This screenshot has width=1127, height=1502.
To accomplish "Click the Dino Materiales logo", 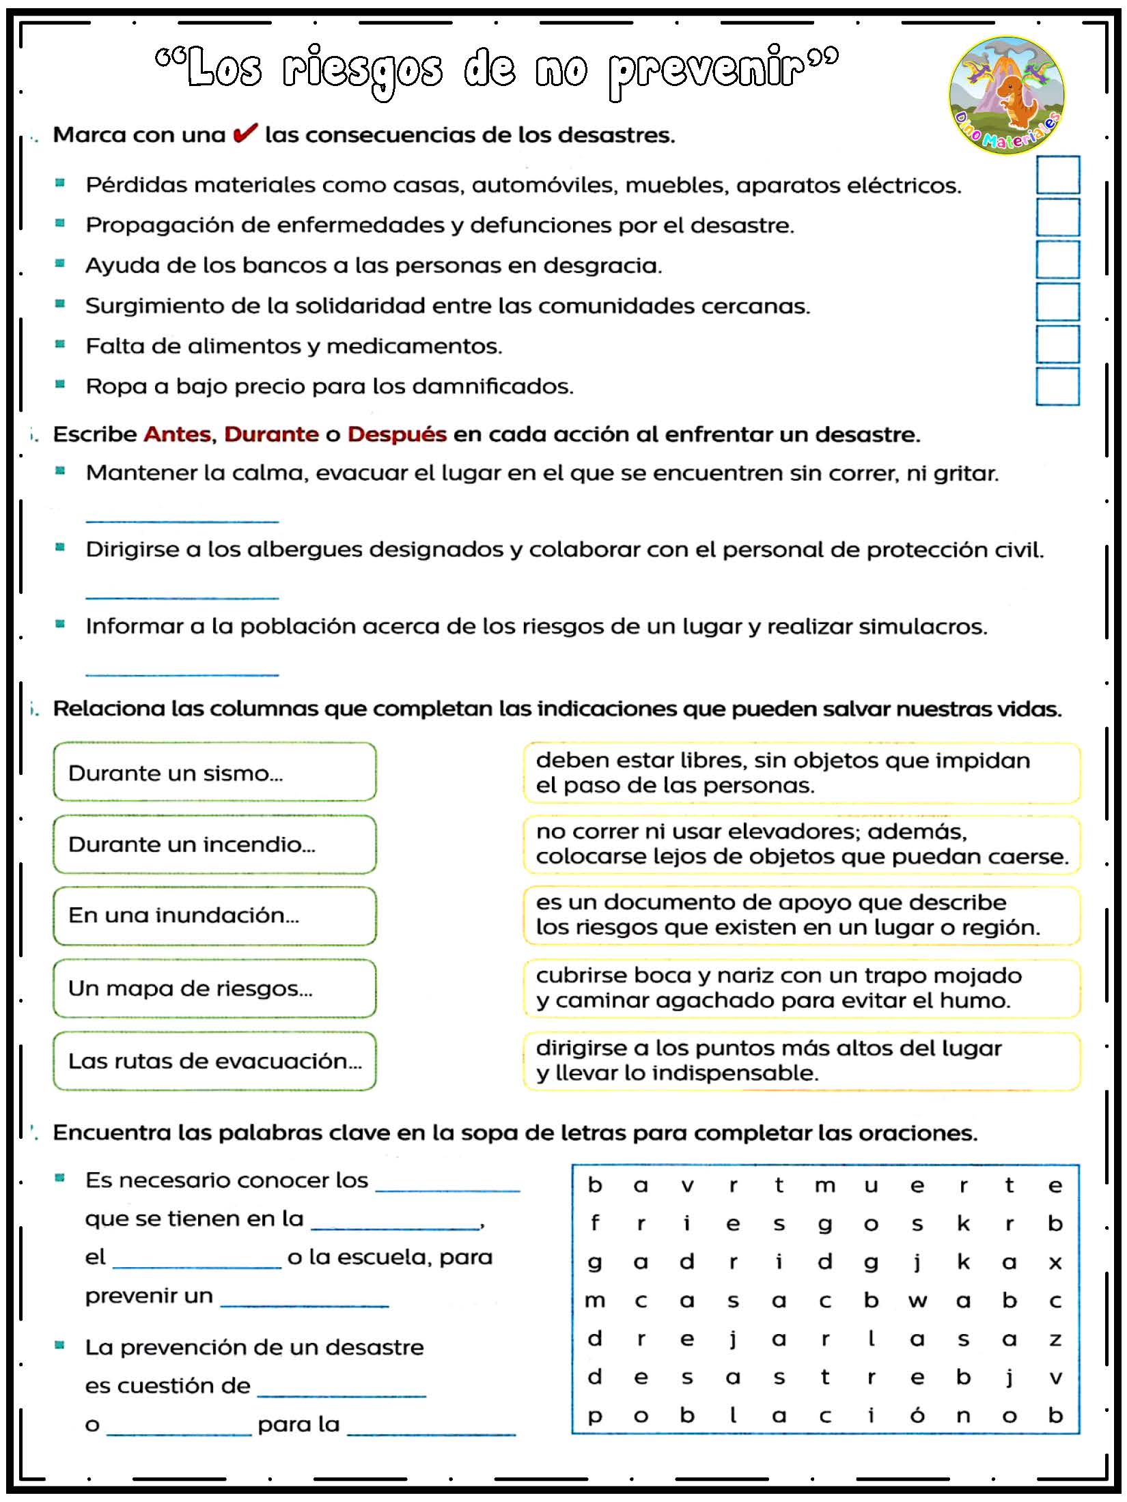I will (1006, 95).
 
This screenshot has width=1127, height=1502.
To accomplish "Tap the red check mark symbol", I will (245, 133).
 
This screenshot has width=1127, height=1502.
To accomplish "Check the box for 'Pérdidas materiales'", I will (1057, 175).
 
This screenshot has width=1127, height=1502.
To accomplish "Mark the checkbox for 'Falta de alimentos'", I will (1057, 344).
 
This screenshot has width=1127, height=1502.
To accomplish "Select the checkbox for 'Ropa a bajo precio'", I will (1057, 386).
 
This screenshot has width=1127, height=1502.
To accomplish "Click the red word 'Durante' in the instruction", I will (271, 434).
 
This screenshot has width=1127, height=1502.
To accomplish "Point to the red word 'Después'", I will (397, 434).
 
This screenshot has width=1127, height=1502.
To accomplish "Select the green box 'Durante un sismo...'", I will (214, 771).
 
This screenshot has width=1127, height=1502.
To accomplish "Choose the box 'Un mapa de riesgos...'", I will (214, 988).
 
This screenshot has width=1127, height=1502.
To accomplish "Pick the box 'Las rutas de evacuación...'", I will (214, 1060).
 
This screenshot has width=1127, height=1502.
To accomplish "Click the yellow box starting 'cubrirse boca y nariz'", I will (802, 988).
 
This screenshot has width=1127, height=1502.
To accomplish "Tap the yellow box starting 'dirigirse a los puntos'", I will (802, 1060).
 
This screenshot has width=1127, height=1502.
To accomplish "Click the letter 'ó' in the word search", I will (917, 1416).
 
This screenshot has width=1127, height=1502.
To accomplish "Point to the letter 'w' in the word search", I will (917, 1301).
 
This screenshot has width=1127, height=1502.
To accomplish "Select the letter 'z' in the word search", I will (1055, 1340).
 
